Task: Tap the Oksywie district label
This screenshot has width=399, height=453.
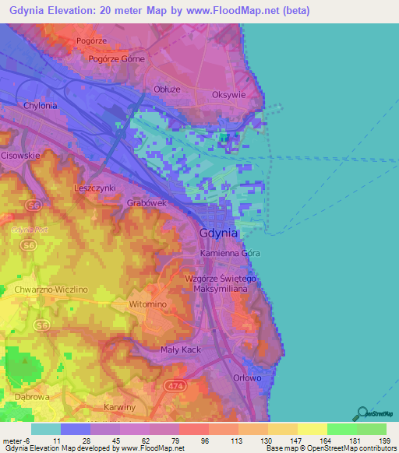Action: (x=229, y=95)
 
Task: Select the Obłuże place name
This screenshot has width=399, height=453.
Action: (x=168, y=89)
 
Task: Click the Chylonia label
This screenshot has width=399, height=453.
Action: (x=41, y=105)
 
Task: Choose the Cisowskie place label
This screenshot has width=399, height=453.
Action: (x=20, y=155)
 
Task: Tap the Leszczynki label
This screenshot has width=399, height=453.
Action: (x=94, y=188)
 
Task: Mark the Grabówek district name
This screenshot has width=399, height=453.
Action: (x=148, y=202)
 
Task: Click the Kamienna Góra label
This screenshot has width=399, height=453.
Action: (x=230, y=254)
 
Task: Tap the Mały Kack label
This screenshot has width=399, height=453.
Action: (x=181, y=349)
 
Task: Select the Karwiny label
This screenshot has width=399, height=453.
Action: (x=120, y=407)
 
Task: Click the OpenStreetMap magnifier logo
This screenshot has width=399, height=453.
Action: (x=362, y=413)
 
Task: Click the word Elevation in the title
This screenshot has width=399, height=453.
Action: (x=75, y=11)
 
